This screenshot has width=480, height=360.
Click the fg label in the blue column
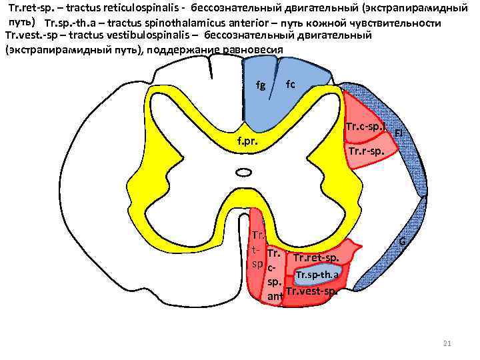pyautogui.click(x=261, y=85)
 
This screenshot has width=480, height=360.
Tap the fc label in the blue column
pyautogui.click(x=290, y=84)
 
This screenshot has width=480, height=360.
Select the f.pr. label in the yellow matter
pyautogui.click(x=247, y=142)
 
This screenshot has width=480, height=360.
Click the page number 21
pyautogui.click(x=447, y=343)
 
